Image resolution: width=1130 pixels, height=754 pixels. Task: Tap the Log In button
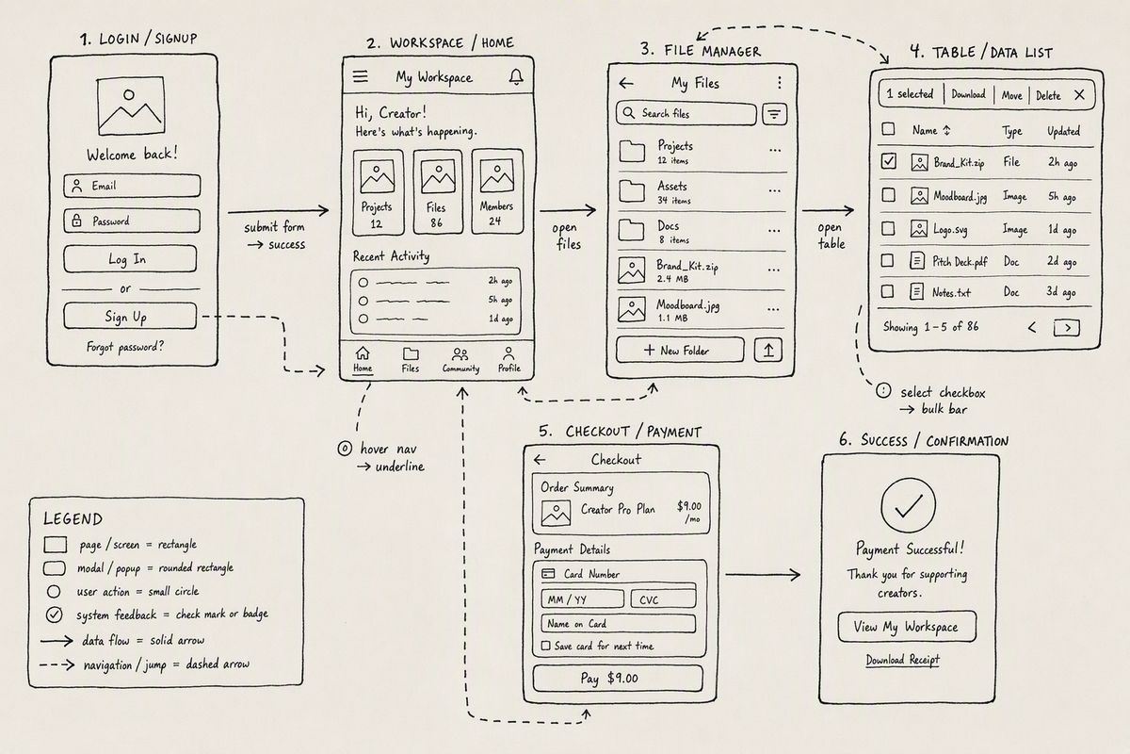coord(130,259)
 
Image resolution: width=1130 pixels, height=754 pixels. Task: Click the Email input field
coord(132,186)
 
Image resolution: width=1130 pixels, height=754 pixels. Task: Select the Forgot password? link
coord(125,347)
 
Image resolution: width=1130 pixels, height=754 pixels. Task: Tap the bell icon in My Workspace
coord(516,76)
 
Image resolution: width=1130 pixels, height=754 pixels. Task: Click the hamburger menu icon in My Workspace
coord(360,76)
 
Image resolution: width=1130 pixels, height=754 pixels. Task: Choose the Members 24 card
coord(497,191)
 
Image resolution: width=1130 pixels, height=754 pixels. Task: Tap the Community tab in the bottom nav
coord(460,360)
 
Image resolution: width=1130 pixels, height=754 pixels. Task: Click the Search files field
coord(686,114)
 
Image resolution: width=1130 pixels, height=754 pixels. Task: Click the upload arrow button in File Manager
coord(768,350)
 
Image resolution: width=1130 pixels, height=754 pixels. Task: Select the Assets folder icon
coord(632,191)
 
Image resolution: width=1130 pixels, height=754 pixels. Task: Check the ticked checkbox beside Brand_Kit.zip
coord(889,161)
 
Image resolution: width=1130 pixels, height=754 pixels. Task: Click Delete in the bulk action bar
coord(1048,95)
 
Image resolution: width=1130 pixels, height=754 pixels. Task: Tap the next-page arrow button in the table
coord(1067,328)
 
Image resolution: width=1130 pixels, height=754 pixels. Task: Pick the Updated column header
coord(1063,131)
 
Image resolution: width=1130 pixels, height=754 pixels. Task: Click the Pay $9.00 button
coord(618,678)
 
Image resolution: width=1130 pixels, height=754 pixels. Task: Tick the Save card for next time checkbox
coord(545,646)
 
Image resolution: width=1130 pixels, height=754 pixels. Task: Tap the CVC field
coord(663,598)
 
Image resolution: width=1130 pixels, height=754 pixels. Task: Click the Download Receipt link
coord(902,660)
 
